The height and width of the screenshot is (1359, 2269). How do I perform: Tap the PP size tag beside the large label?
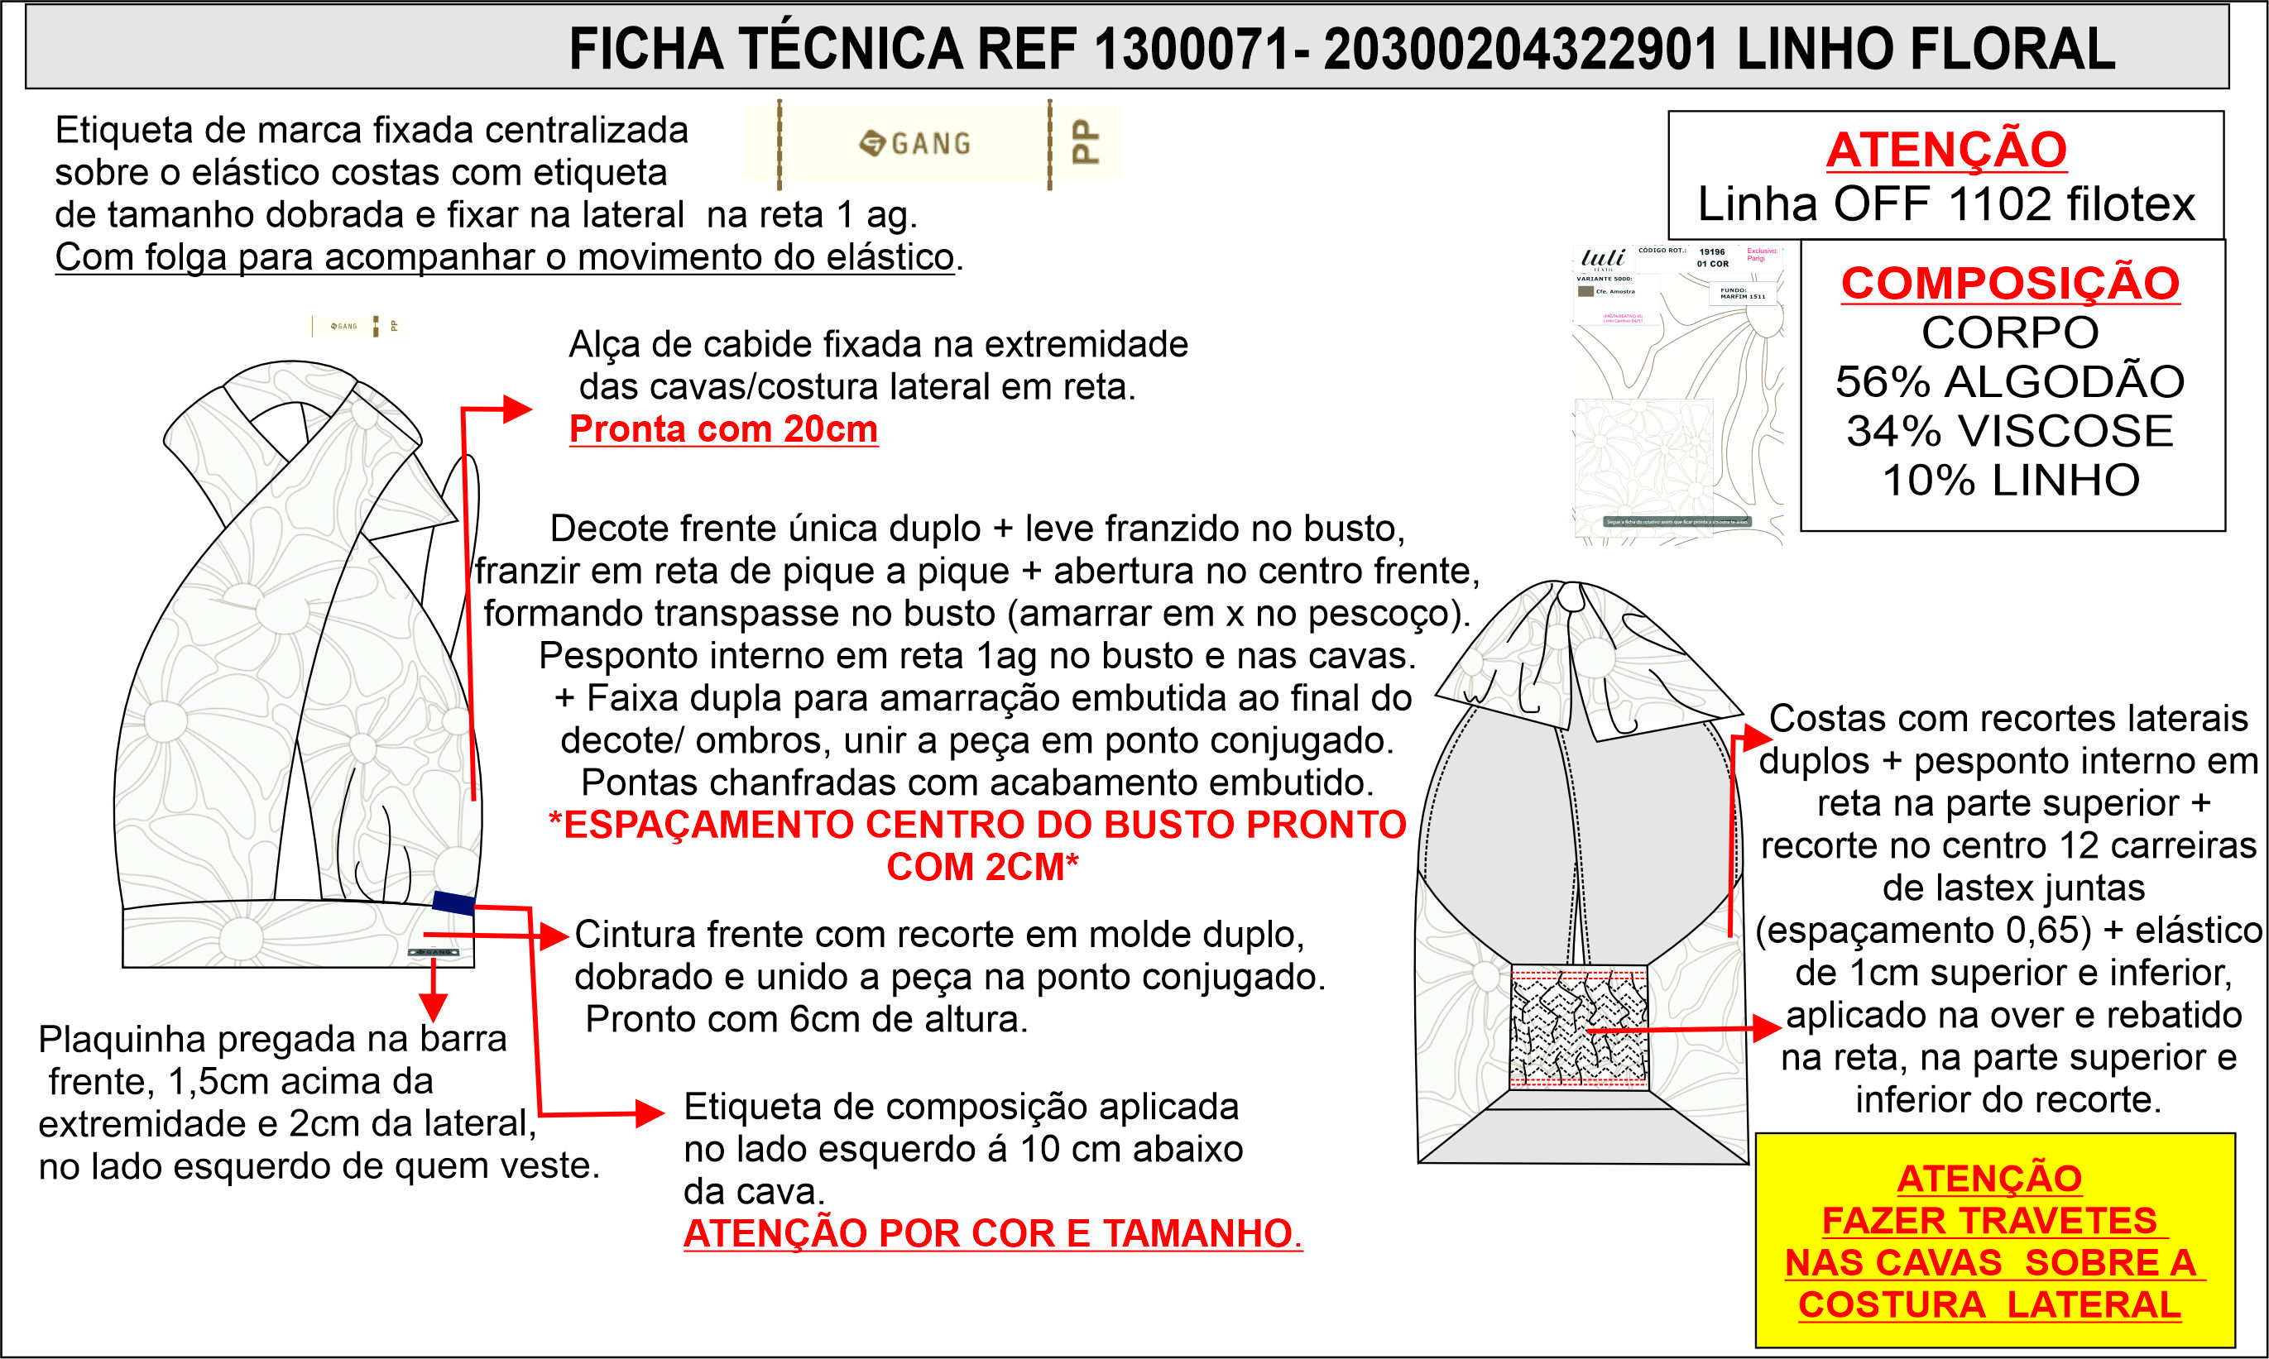click(1085, 143)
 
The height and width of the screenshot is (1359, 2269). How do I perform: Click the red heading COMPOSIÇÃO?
click(2010, 283)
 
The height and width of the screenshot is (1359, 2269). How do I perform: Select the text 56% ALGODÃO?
click(2010, 382)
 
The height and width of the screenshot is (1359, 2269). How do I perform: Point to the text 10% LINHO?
click(2010, 481)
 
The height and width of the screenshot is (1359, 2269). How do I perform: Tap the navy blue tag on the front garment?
click(453, 903)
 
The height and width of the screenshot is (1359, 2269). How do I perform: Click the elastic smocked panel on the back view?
click(1578, 1027)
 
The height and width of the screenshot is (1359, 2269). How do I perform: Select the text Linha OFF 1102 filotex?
click(1945, 204)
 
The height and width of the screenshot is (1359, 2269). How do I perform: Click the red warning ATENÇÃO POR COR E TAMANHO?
click(992, 1233)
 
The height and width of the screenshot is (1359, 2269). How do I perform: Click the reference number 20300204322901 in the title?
click(1521, 50)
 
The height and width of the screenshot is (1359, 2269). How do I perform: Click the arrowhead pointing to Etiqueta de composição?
click(650, 1113)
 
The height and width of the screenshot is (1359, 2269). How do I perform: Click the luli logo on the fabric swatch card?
click(1603, 257)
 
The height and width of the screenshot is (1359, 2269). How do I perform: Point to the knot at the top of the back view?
click(1571, 598)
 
